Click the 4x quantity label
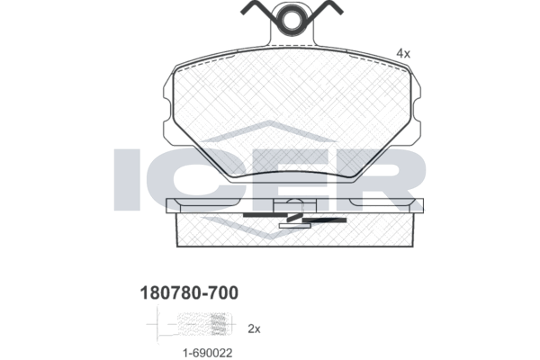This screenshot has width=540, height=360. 403,53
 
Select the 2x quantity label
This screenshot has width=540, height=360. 254,329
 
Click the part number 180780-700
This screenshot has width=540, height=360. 189,292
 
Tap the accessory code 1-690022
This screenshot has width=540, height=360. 208,353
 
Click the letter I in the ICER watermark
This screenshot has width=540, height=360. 127,179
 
